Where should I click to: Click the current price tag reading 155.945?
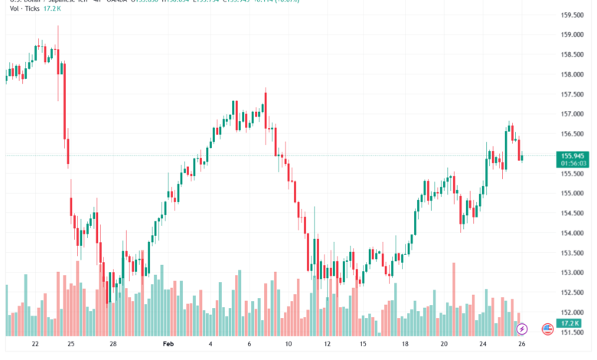573,155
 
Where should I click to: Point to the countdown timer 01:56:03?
573,163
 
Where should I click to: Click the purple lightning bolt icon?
522,329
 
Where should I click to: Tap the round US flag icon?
547,329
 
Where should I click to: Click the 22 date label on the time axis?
35,345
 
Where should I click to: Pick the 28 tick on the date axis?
113,345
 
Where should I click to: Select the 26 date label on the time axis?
521,345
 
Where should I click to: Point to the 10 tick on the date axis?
289,345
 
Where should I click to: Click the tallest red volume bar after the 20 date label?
454,299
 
